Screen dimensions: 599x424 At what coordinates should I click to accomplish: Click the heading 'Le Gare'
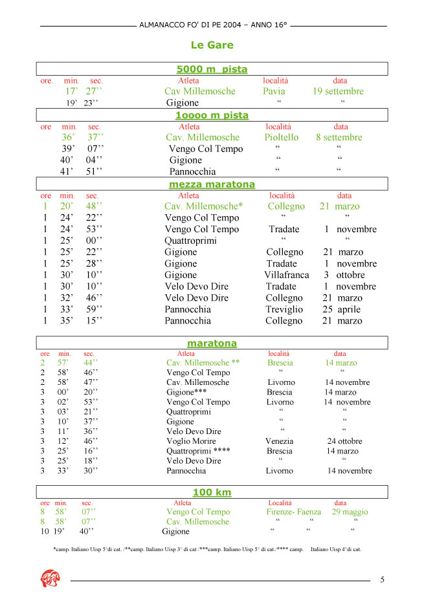[212, 45]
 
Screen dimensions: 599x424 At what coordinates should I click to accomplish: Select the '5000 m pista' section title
[212, 69]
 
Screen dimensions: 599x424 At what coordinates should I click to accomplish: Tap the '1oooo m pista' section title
[212, 115]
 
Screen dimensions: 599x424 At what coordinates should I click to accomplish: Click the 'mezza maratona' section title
[212, 184]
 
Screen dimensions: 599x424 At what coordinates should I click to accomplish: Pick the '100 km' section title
[212, 492]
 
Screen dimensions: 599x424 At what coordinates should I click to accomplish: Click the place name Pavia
[274, 91]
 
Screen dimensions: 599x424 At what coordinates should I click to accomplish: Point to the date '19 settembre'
[338, 91]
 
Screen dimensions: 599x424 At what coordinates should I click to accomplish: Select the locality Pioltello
[282, 137]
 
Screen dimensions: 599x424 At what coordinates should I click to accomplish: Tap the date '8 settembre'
[339, 137]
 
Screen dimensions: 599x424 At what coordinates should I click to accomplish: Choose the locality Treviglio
[284, 309]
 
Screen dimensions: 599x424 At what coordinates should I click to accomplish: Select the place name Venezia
[279, 442]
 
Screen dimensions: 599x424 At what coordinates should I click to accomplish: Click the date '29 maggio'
[350, 512]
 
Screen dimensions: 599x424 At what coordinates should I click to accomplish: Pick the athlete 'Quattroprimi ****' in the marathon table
[198, 451]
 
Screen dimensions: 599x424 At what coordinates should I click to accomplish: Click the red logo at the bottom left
[50, 576]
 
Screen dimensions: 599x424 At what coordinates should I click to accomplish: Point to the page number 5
[382, 580]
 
